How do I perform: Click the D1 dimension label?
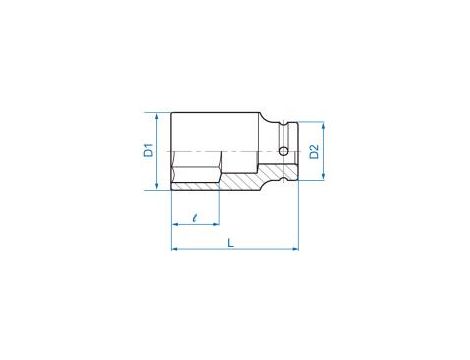pos(148,150)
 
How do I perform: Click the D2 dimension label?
pos(314,152)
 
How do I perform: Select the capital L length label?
pos(231,243)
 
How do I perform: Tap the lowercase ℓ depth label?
pos(195,218)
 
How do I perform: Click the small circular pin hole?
pos(284,152)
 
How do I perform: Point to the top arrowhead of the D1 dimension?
pos(157,116)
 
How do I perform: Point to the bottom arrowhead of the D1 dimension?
pos(157,187)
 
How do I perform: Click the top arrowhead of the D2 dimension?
pos(323,125)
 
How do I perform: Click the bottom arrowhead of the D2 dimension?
pos(323,177)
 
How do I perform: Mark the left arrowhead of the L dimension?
pos(174,249)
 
